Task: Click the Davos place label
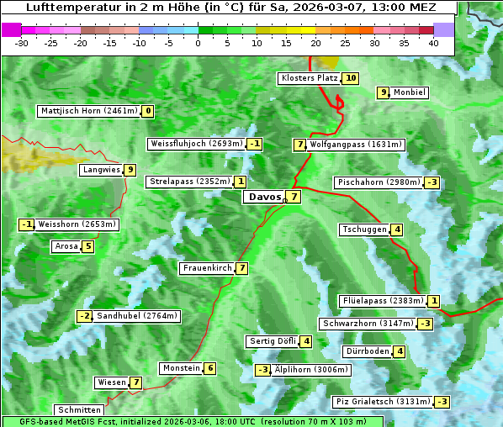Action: [x=264, y=197]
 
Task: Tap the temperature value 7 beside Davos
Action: [x=293, y=197]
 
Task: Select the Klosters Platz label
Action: [x=309, y=78]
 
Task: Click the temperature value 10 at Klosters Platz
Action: [x=350, y=78]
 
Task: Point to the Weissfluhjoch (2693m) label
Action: [x=196, y=144]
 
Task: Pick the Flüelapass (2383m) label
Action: [x=382, y=301]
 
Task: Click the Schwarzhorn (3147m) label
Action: [x=368, y=324]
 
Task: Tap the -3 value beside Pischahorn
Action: [x=432, y=182]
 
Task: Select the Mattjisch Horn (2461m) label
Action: [x=89, y=111]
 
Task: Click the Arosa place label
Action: [x=66, y=246]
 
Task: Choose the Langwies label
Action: [x=101, y=170]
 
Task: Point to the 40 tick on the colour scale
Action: [x=433, y=43]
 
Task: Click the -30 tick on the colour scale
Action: [x=23, y=43]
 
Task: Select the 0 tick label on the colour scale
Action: [x=199, y=43]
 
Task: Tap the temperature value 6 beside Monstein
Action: [x=210, y=368]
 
